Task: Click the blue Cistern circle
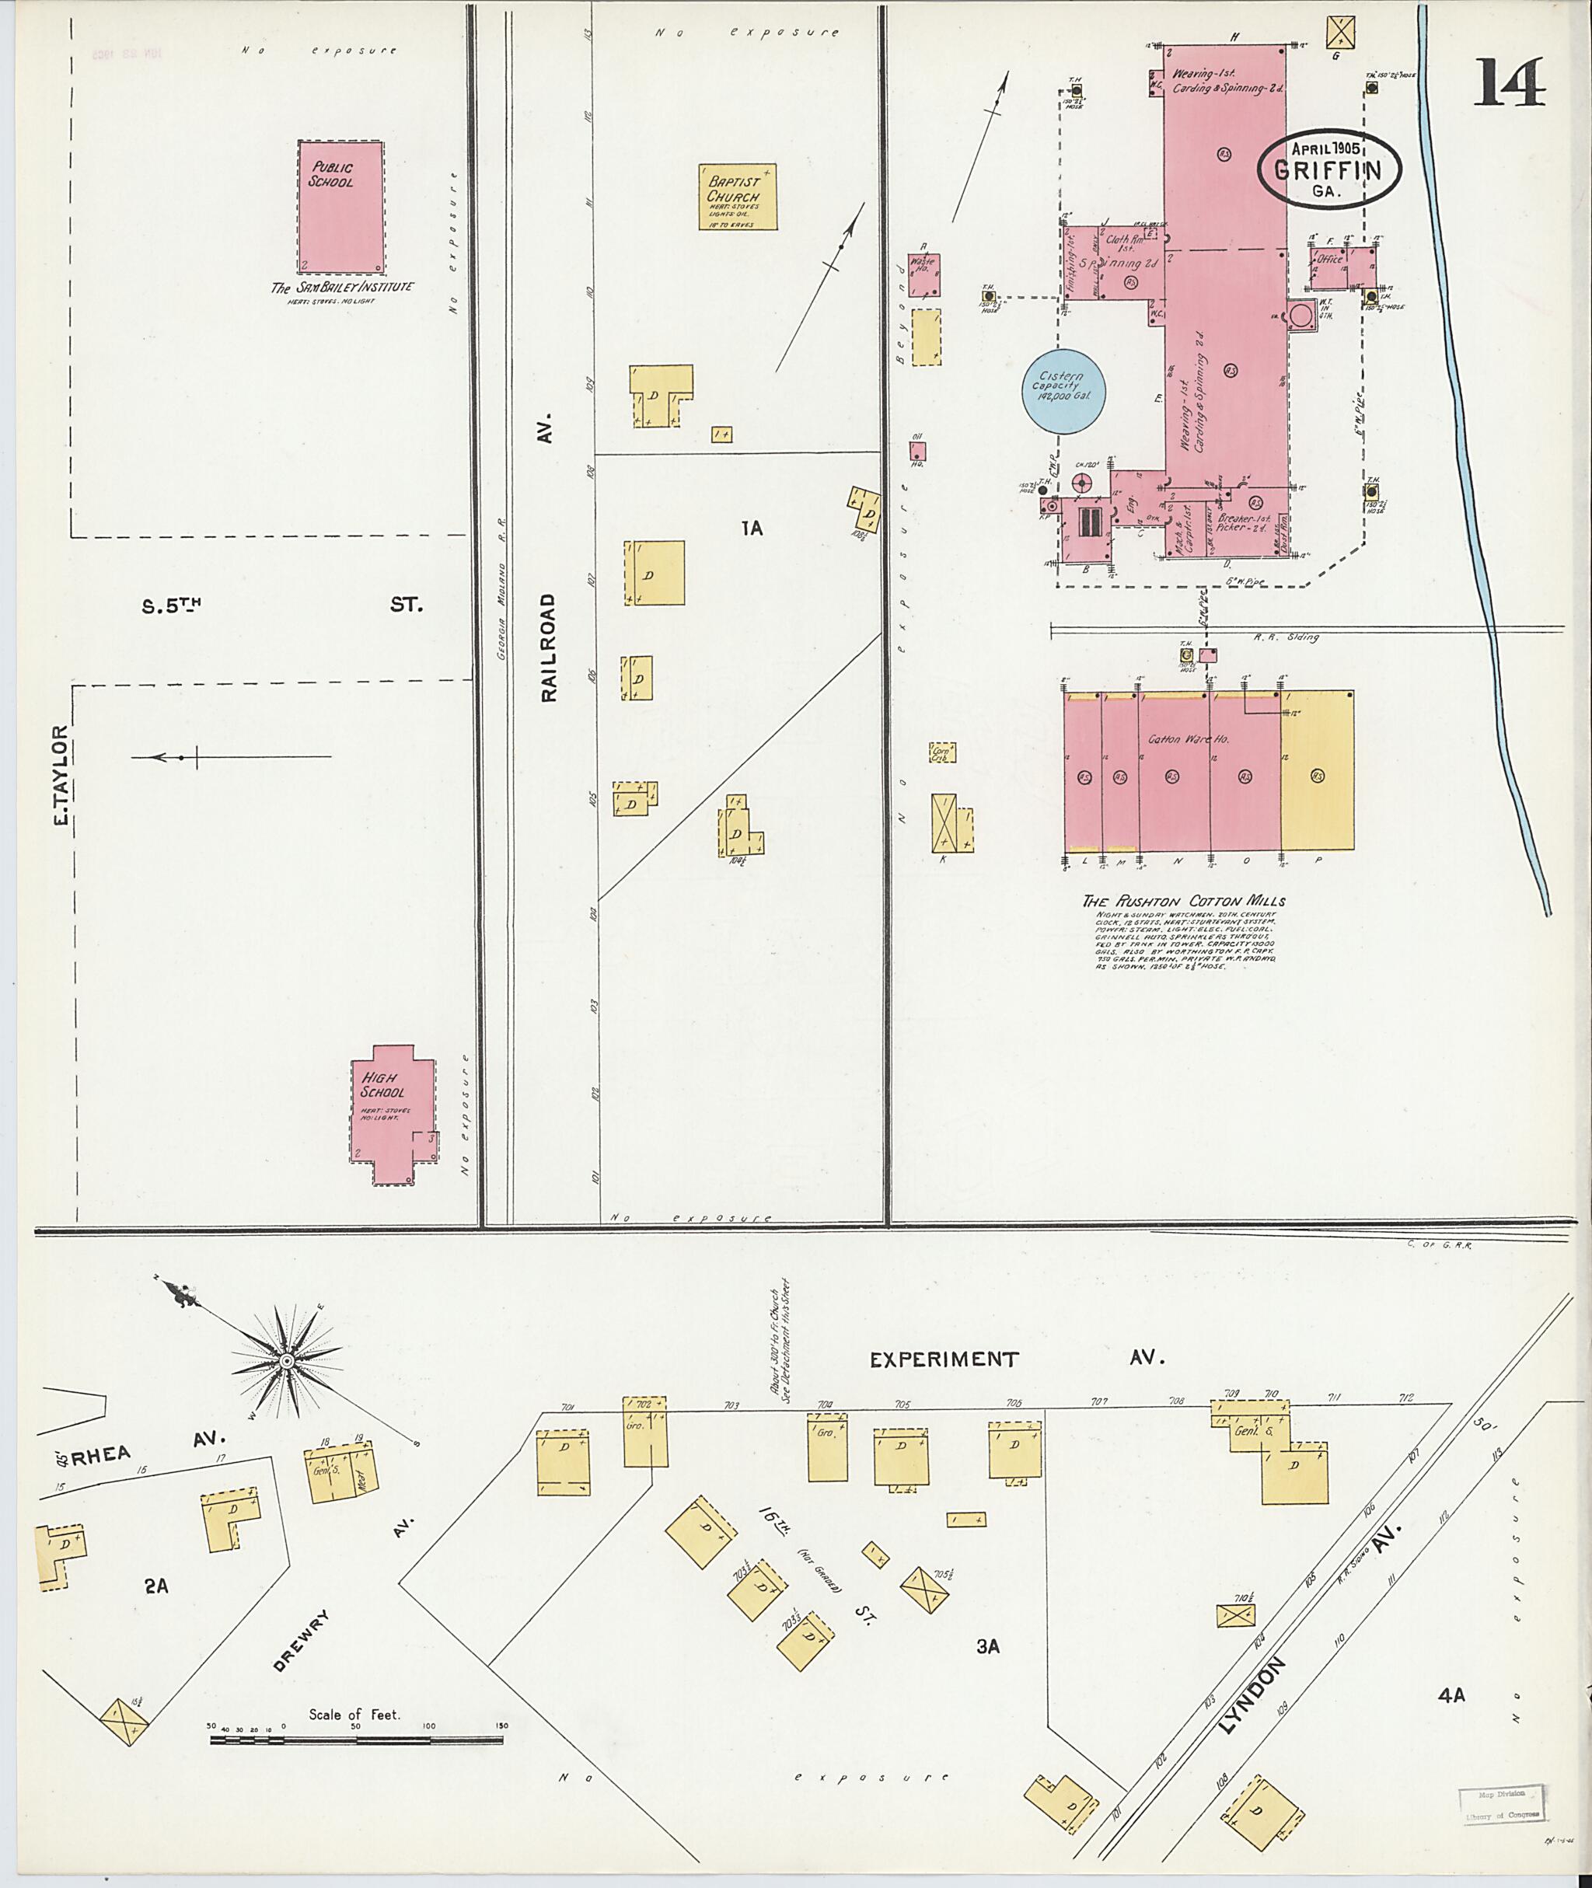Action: tap(1065, 391)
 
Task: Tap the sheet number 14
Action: tap(1510, 83)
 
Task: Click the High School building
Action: tap(393, 1115)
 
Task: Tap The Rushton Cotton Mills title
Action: tap(1183, 901)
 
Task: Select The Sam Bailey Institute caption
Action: tap(342, 288)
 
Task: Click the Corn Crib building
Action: tap(942, 752)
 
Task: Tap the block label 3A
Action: tap(988, 1646)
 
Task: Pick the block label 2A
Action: tap(156, 1585)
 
